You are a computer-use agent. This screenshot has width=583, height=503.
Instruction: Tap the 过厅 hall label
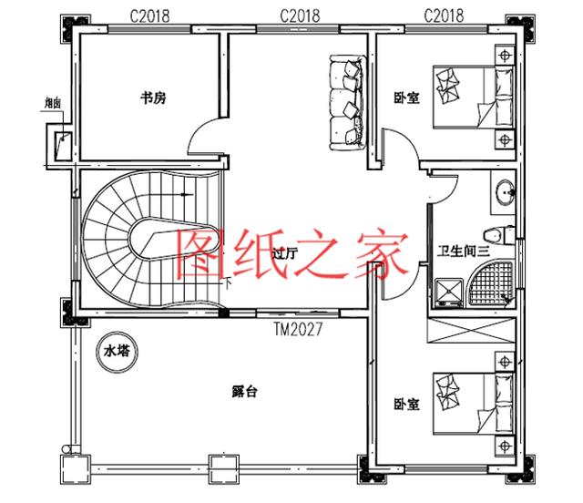[x=285, y=256]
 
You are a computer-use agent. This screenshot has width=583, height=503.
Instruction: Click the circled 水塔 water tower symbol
[x=117, y=350]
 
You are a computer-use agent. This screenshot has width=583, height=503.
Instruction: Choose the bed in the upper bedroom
[x=473, y=98]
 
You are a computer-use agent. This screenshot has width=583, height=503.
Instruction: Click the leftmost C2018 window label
[x=148, y=15]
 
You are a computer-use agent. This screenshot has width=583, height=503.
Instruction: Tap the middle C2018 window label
[x=299, y=15]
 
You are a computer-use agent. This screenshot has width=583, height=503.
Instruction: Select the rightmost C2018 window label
[x=444, y=15]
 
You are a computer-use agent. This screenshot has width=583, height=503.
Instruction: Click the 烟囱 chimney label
[x=53, y=104]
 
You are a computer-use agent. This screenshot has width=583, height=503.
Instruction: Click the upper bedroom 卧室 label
[x=407, y=98]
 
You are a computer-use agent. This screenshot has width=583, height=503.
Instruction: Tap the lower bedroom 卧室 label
[x=407, y=404]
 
